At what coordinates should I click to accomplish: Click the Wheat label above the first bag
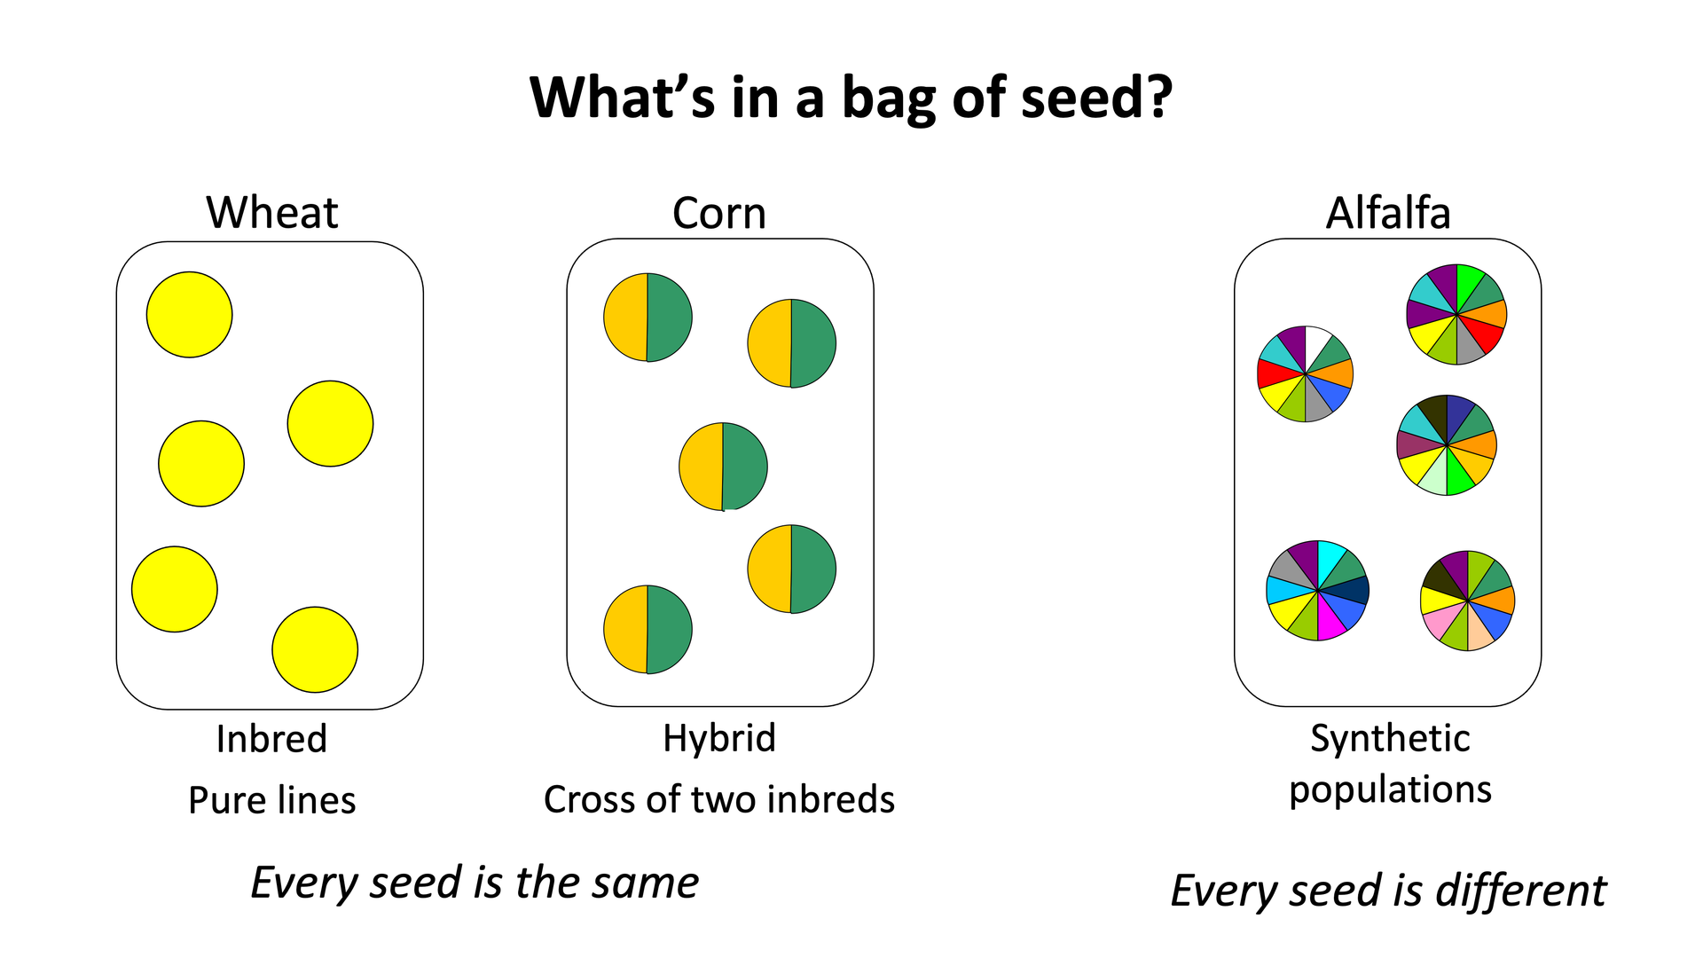(272, 213)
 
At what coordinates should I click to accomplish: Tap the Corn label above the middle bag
(719, 213)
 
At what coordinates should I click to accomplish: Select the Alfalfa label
(1388, 213)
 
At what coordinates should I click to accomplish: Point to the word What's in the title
(623, 97)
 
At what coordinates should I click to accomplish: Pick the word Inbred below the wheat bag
(271, 739)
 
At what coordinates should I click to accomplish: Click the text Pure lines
(272, 800)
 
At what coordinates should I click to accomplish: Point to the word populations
(1390, 789)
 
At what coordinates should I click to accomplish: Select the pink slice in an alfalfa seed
(1441, 618)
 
